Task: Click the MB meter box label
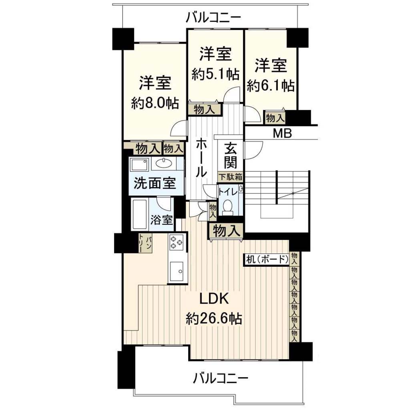[x=282, y=134]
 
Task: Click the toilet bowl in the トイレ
[x=228, y=207]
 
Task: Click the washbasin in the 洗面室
[x=164, y=163]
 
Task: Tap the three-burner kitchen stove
[x=176, y=242]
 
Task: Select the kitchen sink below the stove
[x=177, y=271]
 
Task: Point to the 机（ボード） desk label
[x=267, y=259]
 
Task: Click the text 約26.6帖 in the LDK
[x=214, y=319]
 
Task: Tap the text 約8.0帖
[x=155, y=103]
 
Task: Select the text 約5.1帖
[x=215, y=74]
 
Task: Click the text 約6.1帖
[x=271, y=85]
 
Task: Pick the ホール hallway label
[x=201, y=157]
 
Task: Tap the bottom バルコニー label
[x=221, y=378]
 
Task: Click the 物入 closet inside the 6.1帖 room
[x=275, y=118]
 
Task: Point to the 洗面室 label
[x=155, y=183]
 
